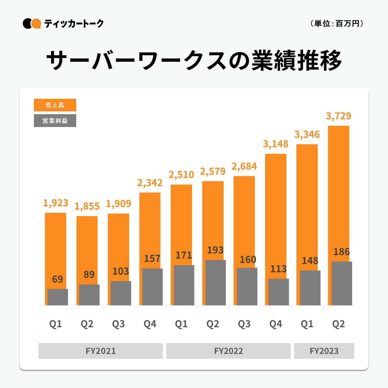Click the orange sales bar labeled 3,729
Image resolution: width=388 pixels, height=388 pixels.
point(338,192)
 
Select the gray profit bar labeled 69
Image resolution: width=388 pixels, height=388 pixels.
point(58,297)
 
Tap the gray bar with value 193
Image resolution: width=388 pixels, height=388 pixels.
point(216,283)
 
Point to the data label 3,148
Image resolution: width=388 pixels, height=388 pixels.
point(276,144)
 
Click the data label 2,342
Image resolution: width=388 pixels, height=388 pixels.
point(150,183)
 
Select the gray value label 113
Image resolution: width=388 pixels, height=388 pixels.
point(278,269)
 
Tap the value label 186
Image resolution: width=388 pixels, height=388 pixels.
point(342,252)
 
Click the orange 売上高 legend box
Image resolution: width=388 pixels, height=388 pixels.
point(55,105)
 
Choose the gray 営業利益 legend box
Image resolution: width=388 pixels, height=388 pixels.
point(55,121)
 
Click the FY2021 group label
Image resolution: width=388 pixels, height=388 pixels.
point(101,351)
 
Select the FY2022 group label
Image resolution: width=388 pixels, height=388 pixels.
point(228,351)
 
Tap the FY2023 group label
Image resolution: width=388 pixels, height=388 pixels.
point(324,351)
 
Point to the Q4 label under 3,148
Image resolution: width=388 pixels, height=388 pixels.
point(276,324)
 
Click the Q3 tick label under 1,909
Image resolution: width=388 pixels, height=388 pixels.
point(118,324)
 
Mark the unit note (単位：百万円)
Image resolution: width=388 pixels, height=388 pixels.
point(336,24)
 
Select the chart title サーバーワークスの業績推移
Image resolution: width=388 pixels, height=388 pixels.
point(194,61)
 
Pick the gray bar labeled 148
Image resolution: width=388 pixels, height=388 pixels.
point(310,288)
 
